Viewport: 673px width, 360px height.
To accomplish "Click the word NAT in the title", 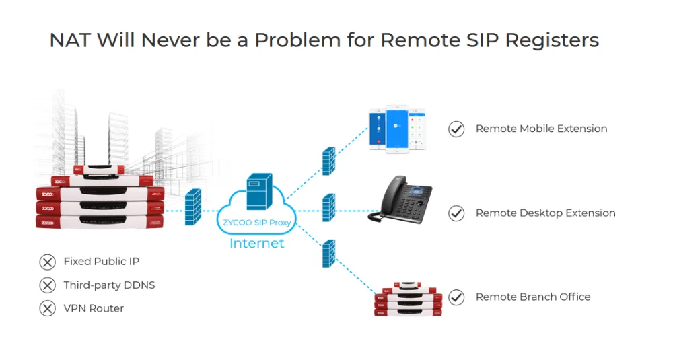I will coord(71,40).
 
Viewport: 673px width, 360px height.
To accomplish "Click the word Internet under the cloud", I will coord(257,243).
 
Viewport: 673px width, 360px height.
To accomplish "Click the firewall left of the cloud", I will coord(192,207).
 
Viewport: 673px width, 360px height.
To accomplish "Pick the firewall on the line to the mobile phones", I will coord(328,161).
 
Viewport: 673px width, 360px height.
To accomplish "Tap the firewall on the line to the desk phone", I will coord(328,209).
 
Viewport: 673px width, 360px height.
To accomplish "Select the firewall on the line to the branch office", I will coord(328,254).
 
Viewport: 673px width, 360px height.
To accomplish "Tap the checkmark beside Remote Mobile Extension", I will coord(456,129).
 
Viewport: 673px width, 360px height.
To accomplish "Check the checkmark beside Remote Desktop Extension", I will coord(456,213).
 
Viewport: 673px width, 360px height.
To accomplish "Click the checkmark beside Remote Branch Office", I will coord(456,297).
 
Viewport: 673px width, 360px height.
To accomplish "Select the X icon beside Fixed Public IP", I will coord(47,262).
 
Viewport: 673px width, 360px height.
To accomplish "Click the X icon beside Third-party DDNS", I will coord(47,285).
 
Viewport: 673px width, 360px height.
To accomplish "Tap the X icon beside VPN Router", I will coord(47,308).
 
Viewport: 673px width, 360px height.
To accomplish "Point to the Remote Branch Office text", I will coord(532,297).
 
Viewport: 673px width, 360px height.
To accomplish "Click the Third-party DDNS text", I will coord(109,285).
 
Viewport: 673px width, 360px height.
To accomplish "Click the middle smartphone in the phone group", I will coord(397,129).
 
